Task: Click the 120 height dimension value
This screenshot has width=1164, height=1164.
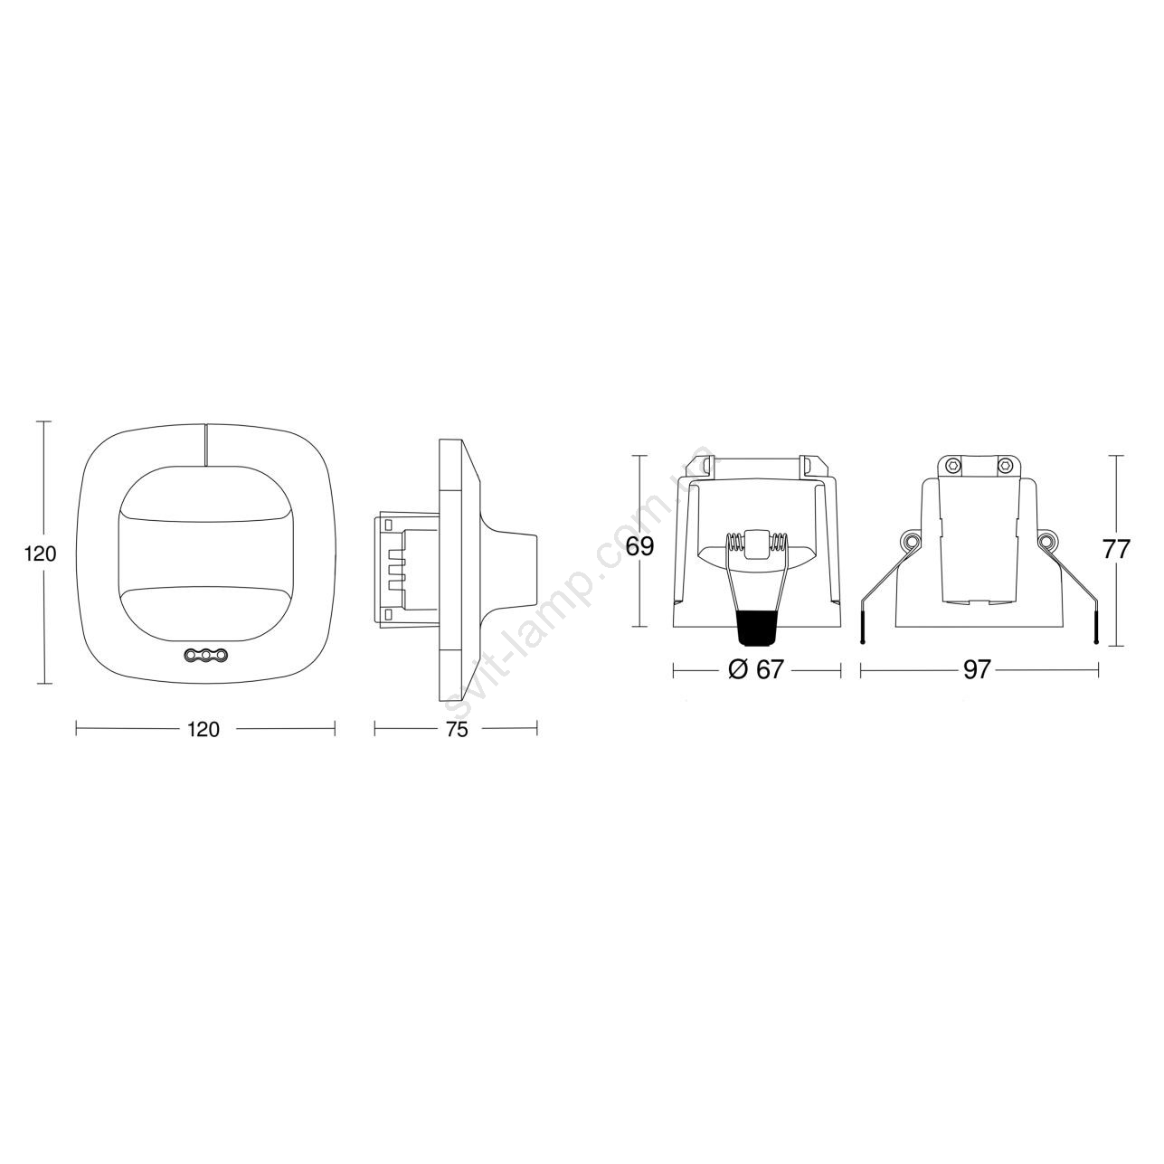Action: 41,554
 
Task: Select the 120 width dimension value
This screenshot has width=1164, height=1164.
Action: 204,729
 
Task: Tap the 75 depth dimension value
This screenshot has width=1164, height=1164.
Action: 457,729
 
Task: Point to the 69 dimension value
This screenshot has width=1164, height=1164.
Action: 639,546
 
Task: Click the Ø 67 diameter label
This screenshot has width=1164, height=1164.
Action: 756,669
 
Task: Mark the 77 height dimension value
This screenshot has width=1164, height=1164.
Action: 1115,550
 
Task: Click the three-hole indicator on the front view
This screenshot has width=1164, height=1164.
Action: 205,654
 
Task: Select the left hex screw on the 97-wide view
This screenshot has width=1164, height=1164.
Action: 953,465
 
